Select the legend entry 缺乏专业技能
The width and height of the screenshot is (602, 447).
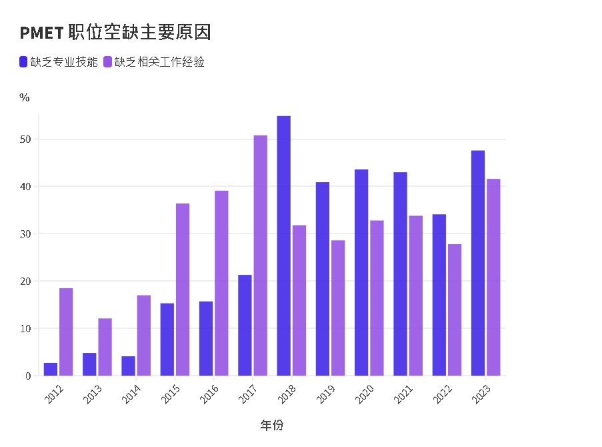[x=59, y=62]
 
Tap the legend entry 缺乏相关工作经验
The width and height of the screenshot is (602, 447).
[x=155, y=62]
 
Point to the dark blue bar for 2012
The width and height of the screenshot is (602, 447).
[x=51, y=369]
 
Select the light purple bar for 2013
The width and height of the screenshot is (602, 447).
[x=105, y=347]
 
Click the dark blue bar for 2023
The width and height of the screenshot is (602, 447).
[x=478, y=263]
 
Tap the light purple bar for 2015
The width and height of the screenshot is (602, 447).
[x=183, y=290]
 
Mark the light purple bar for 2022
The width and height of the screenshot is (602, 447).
[x=455, y=310]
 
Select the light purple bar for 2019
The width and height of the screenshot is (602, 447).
[x=338, y=308]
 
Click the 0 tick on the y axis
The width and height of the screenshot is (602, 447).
[x=29, y=376]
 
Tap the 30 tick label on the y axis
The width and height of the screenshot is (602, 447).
[x=25, y=234]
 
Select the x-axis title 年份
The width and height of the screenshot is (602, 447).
[x=272, y=425]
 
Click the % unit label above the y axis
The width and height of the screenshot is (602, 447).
[x=25, y=98]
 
